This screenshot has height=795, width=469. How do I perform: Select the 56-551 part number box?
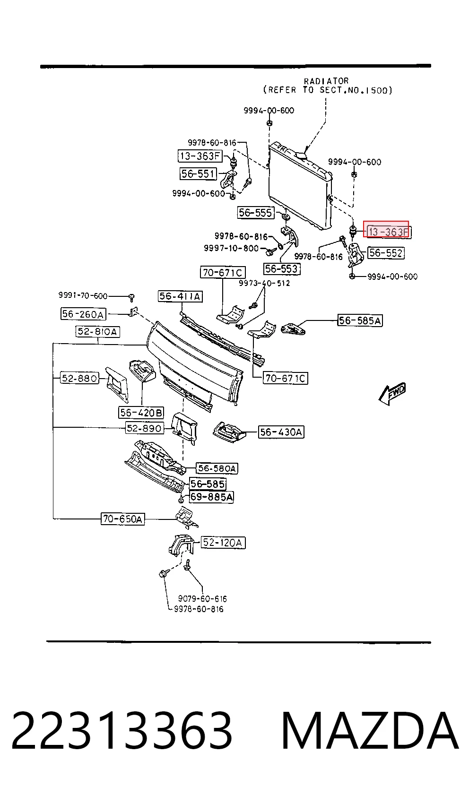tap(198, 173)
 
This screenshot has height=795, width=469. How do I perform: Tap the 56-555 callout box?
tap(256, 213)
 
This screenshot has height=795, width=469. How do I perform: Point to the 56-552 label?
tap(386, 253)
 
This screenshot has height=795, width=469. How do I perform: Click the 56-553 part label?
tap(282, 268)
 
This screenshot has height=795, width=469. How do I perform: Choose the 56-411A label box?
tap(180, 296)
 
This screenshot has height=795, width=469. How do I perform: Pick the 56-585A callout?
tap(360, 320)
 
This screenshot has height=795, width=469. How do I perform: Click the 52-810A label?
tap(98, 331)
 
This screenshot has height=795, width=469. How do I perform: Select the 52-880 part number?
tap(79, 378)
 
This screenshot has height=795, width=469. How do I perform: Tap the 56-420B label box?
tap(141, 413)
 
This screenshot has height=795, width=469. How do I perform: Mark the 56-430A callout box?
tap(281, 432)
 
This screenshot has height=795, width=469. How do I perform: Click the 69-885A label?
tap(212, 497)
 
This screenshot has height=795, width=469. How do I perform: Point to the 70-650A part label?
tap(122, 519)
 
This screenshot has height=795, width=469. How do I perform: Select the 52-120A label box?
tap(223, 542)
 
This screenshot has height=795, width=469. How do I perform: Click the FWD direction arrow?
tap(392, 394)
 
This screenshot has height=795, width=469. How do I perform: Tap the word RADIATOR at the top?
tap(326, 81)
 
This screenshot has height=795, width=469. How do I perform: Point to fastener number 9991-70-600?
tap(83, 295)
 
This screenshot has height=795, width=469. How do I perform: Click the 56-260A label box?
tap(83, 314)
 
